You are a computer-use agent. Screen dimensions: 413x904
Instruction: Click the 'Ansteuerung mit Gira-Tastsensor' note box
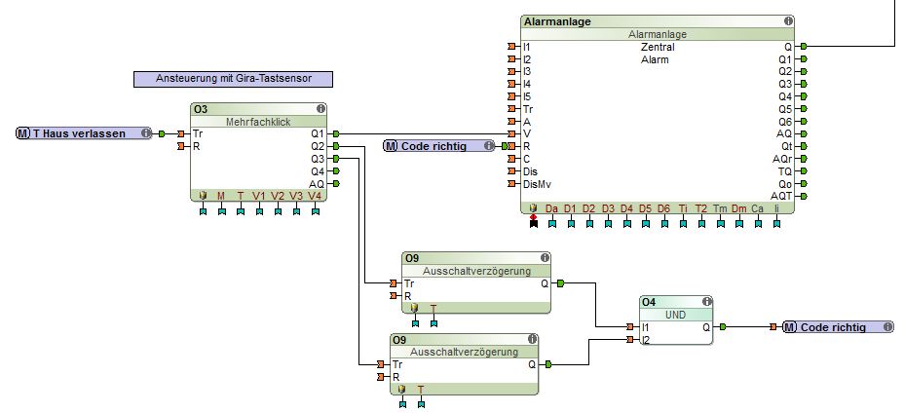[233, 79]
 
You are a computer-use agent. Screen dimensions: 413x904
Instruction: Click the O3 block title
[201, 109]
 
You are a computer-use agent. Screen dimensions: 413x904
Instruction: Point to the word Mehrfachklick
[257, 122]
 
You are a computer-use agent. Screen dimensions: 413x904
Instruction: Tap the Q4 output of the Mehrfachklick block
[318, 171]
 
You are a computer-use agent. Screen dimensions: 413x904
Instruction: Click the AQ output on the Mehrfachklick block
[318, 183]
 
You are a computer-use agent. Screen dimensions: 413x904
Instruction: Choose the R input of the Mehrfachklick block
[197, 146]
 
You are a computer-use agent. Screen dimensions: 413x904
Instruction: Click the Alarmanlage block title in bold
[557, 20]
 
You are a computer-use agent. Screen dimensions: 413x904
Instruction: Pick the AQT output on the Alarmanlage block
[781, 195]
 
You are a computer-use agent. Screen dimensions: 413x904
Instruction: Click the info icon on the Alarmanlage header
[787, 20]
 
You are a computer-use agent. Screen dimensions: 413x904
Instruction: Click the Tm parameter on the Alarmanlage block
[720, 208]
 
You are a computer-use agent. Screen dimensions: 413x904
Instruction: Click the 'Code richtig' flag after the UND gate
[838, 327]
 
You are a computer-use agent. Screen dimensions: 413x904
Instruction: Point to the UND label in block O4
[676, 315]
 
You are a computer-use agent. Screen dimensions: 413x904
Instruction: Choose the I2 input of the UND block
[646, 340]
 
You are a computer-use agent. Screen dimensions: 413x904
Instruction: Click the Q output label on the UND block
[706, 327]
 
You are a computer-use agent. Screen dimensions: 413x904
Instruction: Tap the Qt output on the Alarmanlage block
[785, 146]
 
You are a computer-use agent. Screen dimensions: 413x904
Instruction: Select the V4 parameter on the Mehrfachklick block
[315, 196]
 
